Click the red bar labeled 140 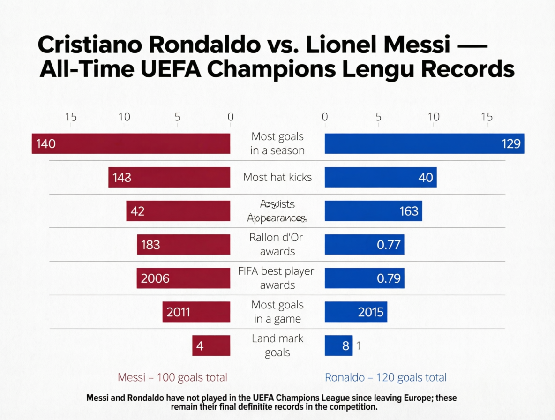pos(131,143)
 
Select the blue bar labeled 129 pos(424,143)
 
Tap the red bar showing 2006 pos(183,278)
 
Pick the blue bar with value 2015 pos(356,312)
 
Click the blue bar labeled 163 pos(373,211)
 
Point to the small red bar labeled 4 pos(211,346)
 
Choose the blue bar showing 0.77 pos(364,245)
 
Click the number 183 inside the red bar pos(150,245)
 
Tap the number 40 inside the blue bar pos(426,178)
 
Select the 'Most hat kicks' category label pos(277,177)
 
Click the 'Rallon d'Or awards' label pos(277,244)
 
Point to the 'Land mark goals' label pos(277,345)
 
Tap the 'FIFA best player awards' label pos(277,278)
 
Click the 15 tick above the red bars pos(71,117)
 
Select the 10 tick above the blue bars pos(434,117)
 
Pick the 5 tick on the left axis pos(177,117)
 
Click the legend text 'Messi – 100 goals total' pos(172,377)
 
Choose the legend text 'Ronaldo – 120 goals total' pos(385,377)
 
